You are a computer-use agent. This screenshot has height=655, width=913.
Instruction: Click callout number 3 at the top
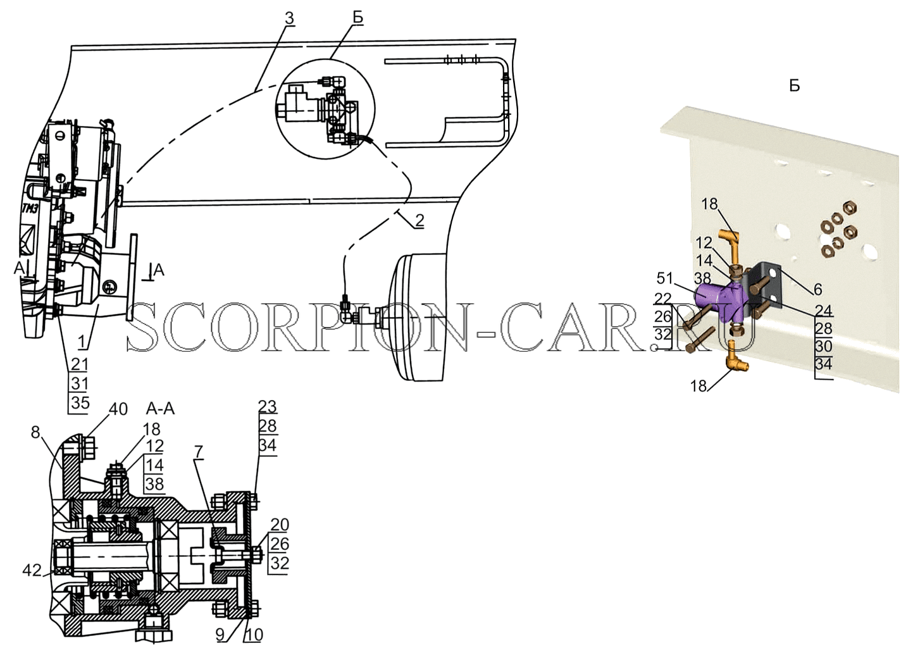(x=289, y=18)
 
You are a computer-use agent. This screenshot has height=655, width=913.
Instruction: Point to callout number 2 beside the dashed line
(x=419, y=220)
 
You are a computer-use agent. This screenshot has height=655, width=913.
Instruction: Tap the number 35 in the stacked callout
(x=80, y=402)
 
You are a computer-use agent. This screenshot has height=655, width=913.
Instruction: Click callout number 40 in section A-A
(x=118, y=409)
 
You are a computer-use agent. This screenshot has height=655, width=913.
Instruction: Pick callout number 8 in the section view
(x=36, y=432)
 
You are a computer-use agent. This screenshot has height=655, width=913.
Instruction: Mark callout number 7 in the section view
(x=199, y=451)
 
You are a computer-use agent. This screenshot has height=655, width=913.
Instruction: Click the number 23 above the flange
(x=268, y=406)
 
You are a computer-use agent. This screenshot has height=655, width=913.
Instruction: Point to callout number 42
(x=32, y=571)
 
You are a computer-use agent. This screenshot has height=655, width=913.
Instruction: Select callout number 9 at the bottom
(x=221, y=634)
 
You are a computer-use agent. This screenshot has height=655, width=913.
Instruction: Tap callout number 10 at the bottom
(x=253, y=635)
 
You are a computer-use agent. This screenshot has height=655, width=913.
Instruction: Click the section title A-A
(x=161, y=408)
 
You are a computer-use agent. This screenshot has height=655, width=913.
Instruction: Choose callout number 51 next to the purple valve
(x=665, y=278)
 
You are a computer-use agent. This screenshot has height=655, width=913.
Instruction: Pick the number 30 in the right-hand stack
(x=823, y=346)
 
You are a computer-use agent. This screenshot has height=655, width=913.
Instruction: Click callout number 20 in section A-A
(x=280, y=524)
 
